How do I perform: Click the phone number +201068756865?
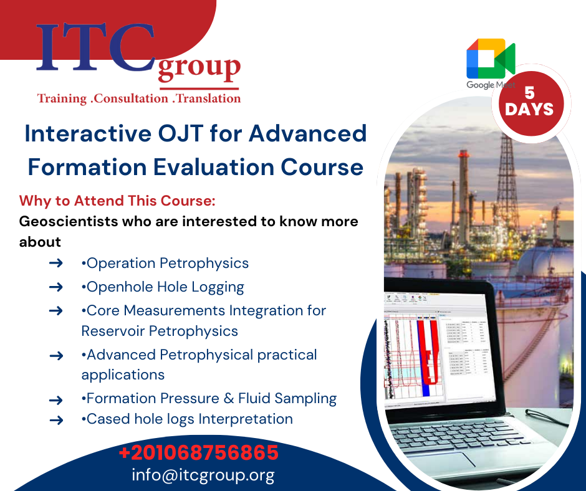(198, 452)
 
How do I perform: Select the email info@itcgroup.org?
(203, 475)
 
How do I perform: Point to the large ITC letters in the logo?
(94, 49)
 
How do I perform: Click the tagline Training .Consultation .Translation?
(138, 98)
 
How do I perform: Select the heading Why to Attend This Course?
(117, 201)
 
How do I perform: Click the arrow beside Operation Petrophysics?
(56, 264)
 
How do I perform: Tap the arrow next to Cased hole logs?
(56, 420)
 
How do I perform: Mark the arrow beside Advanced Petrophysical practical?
(56, 356)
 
